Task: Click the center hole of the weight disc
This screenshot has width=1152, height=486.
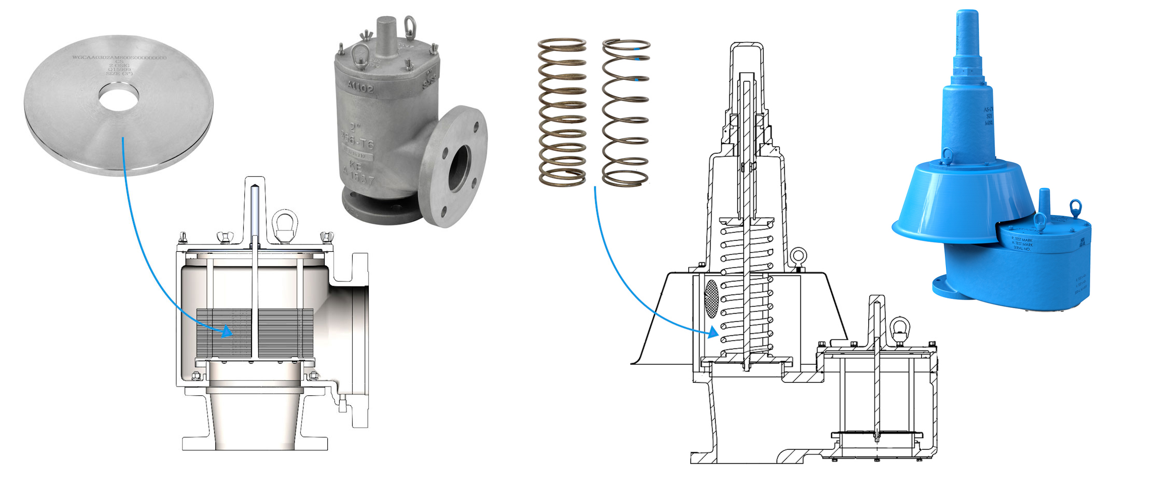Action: tap(118, 98)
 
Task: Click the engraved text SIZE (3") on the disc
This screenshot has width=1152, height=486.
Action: tap(119, 74)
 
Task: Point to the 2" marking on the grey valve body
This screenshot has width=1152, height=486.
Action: tap(355, 126)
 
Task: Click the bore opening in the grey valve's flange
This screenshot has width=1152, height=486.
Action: tap(459, 167)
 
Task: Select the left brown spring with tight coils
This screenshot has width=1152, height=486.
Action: tap(562, 112)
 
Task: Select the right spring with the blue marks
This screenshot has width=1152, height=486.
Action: tap(626, 112)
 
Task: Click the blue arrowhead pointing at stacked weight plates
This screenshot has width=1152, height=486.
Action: tap(227, 332)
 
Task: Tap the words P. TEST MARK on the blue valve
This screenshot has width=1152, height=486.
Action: tap(1022, 240)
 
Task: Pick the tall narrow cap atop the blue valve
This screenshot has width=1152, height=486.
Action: tap(966, 41)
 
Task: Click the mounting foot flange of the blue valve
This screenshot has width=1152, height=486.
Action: tap(941, 285)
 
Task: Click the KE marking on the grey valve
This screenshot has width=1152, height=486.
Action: tap(355, 167)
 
